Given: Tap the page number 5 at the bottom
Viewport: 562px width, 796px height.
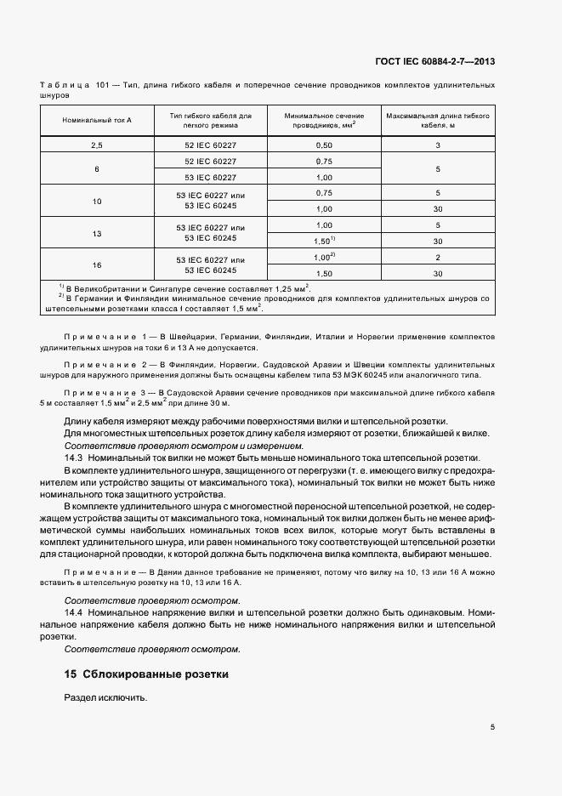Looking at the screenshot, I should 492,727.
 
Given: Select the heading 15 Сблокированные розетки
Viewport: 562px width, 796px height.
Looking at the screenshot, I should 146,674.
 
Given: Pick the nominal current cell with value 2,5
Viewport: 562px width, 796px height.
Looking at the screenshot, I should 97,145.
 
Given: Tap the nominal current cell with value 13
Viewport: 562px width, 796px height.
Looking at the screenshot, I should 97,233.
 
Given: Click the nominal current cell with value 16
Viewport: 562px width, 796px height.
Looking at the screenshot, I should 97,265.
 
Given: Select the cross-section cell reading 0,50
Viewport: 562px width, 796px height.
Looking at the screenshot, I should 324,145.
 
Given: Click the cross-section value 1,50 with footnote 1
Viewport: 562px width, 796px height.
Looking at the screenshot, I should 324,241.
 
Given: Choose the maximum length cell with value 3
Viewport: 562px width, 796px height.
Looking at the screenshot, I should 437,145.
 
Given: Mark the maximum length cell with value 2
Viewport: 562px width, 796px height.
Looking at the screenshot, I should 437,258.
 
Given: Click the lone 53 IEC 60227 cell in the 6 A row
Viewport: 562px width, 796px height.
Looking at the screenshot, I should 210,177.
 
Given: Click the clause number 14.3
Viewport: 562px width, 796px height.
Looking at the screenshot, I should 73,457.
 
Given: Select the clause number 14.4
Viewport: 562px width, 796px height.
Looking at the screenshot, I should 73,612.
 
